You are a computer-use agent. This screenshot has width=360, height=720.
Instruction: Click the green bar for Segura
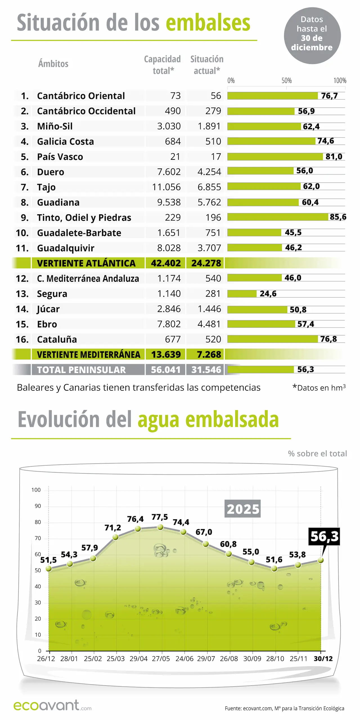242,294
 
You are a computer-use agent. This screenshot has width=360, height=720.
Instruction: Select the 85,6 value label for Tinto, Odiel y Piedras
338,217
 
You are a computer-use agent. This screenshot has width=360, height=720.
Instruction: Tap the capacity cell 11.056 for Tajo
166,187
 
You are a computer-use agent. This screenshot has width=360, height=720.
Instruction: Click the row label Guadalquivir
66,248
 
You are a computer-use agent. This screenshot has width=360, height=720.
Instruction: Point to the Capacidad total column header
163,65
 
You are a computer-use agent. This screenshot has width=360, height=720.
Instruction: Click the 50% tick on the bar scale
286,81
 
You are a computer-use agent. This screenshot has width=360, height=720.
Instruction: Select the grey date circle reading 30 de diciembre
312,36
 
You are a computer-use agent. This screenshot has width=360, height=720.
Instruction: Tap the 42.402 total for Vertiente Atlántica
166,263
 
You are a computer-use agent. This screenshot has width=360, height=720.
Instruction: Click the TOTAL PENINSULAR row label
81,370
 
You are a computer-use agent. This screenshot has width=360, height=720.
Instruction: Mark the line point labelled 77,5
160,527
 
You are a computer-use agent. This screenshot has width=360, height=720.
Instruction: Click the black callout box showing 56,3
324,536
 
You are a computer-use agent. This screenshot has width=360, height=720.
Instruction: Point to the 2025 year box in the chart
243,509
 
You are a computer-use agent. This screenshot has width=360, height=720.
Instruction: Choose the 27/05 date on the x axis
161,659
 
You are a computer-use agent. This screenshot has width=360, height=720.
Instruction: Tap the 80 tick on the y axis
38,522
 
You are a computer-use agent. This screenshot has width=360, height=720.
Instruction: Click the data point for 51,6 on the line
274,568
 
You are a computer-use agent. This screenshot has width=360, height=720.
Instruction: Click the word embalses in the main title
208,23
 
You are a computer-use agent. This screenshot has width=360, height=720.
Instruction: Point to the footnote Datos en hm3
319,388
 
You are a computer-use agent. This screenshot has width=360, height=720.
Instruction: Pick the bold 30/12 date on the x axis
323,659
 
